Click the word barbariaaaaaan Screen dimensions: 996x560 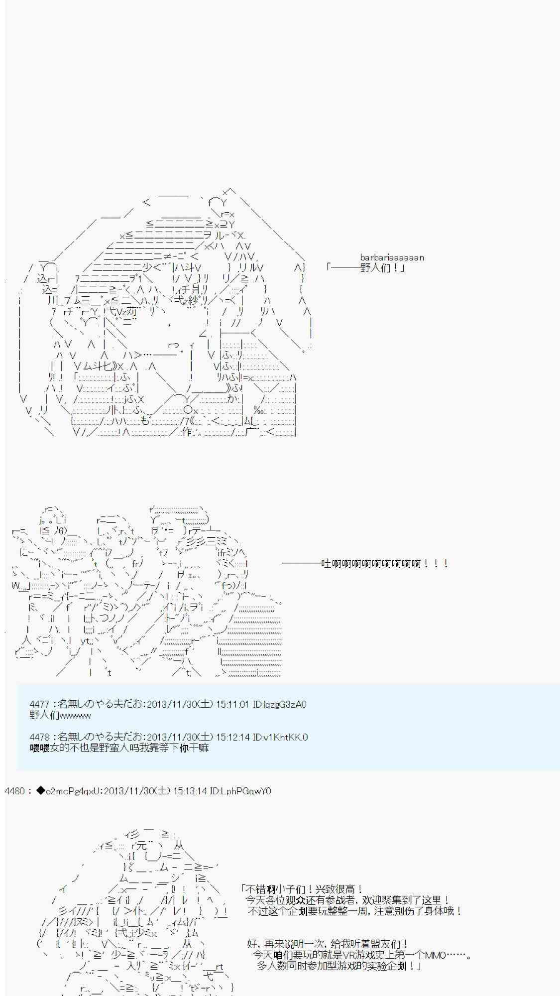coord(392,257)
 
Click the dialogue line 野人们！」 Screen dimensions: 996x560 coord(382,268)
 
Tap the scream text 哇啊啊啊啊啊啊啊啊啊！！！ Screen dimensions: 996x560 coord(385,564)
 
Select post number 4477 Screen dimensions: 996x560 coord(39,704)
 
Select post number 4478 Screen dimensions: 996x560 coord(39,737)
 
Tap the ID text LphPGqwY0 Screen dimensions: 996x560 coord(247,791)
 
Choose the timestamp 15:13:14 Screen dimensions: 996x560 coord(190,791)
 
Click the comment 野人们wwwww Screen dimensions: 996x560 coord(60,716)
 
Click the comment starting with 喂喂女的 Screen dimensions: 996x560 coord(119,748)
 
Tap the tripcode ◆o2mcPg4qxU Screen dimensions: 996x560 coord(70,791)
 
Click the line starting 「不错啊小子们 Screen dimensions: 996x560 coord(302,889)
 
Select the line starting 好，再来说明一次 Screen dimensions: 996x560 coord(328,944)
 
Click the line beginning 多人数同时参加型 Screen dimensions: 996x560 coord(338,966)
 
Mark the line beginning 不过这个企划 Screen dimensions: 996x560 coord(354,911)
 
